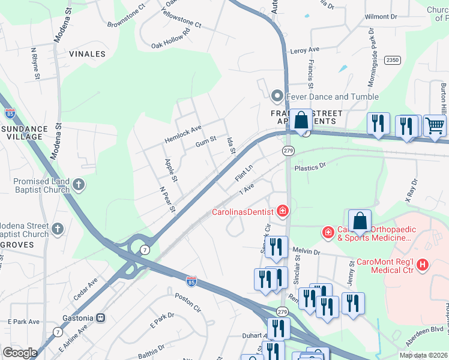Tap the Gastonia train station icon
coord(101,317)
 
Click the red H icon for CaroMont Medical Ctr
coord(423,263)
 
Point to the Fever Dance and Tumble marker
coord(277,96)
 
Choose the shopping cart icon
coord(435,125)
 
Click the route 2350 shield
coord(393,60)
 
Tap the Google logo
coord(20,353)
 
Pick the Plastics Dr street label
coord(309,166)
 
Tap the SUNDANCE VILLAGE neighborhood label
coord(24,133)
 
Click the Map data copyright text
coord(423,355)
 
